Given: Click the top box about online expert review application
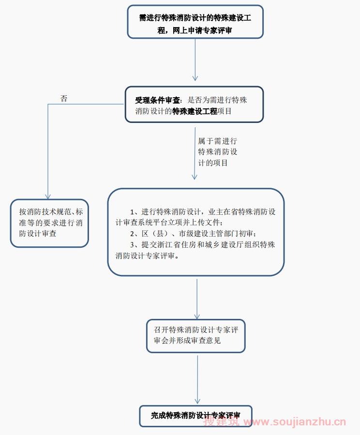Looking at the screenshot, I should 195,22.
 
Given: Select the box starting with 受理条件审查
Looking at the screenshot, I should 194,105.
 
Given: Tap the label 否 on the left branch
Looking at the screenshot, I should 64,98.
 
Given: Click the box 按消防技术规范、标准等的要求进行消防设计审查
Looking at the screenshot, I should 49,223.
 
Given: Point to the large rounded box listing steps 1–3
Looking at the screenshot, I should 195,232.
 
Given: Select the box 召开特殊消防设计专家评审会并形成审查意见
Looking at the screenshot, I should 195,335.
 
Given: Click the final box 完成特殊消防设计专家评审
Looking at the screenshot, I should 195,416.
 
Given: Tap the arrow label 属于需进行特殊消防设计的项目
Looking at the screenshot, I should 217,152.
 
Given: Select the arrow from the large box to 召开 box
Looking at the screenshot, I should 196,298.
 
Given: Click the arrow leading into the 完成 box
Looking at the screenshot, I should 197,380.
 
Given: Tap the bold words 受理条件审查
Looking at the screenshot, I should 157,101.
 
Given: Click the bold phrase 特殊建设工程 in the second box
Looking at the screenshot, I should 195,111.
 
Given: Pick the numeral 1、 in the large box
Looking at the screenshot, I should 134,212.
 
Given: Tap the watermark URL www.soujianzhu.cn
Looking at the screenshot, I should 295,422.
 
